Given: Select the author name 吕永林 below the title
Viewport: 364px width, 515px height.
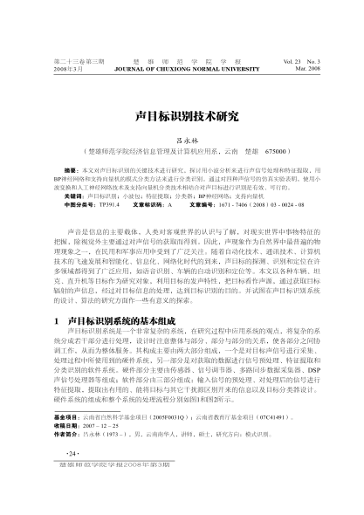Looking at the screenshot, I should coord(182,139).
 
